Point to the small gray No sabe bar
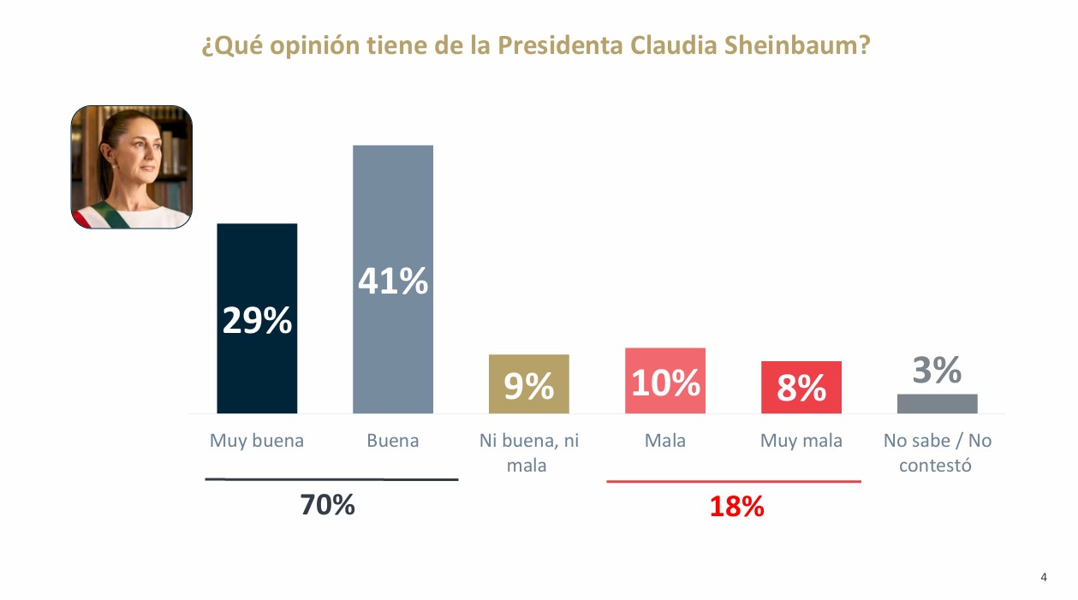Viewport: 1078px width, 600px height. click(x=937, y=403)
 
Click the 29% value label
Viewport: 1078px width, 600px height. click(x=257, y=321)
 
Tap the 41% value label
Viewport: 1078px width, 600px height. click(x=393, y=282)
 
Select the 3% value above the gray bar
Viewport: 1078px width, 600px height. click(x=937, y=371)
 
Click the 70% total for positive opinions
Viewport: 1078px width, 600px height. click(x=327, y=505)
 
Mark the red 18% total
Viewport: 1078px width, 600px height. click(x=736, y=507)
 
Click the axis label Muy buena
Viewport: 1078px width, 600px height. click(x=257, y=441)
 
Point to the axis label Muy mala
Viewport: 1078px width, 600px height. click(x=801, y=441)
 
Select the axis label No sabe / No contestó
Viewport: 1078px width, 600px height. click(x=937, y=453)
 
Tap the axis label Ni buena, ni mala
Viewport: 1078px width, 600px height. click(x=528, y=453)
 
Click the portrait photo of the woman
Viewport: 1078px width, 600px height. click(x=131, y=167)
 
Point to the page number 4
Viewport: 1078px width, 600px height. click(x=1043, y=577)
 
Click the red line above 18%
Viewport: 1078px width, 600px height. click(x=734, y=482)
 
